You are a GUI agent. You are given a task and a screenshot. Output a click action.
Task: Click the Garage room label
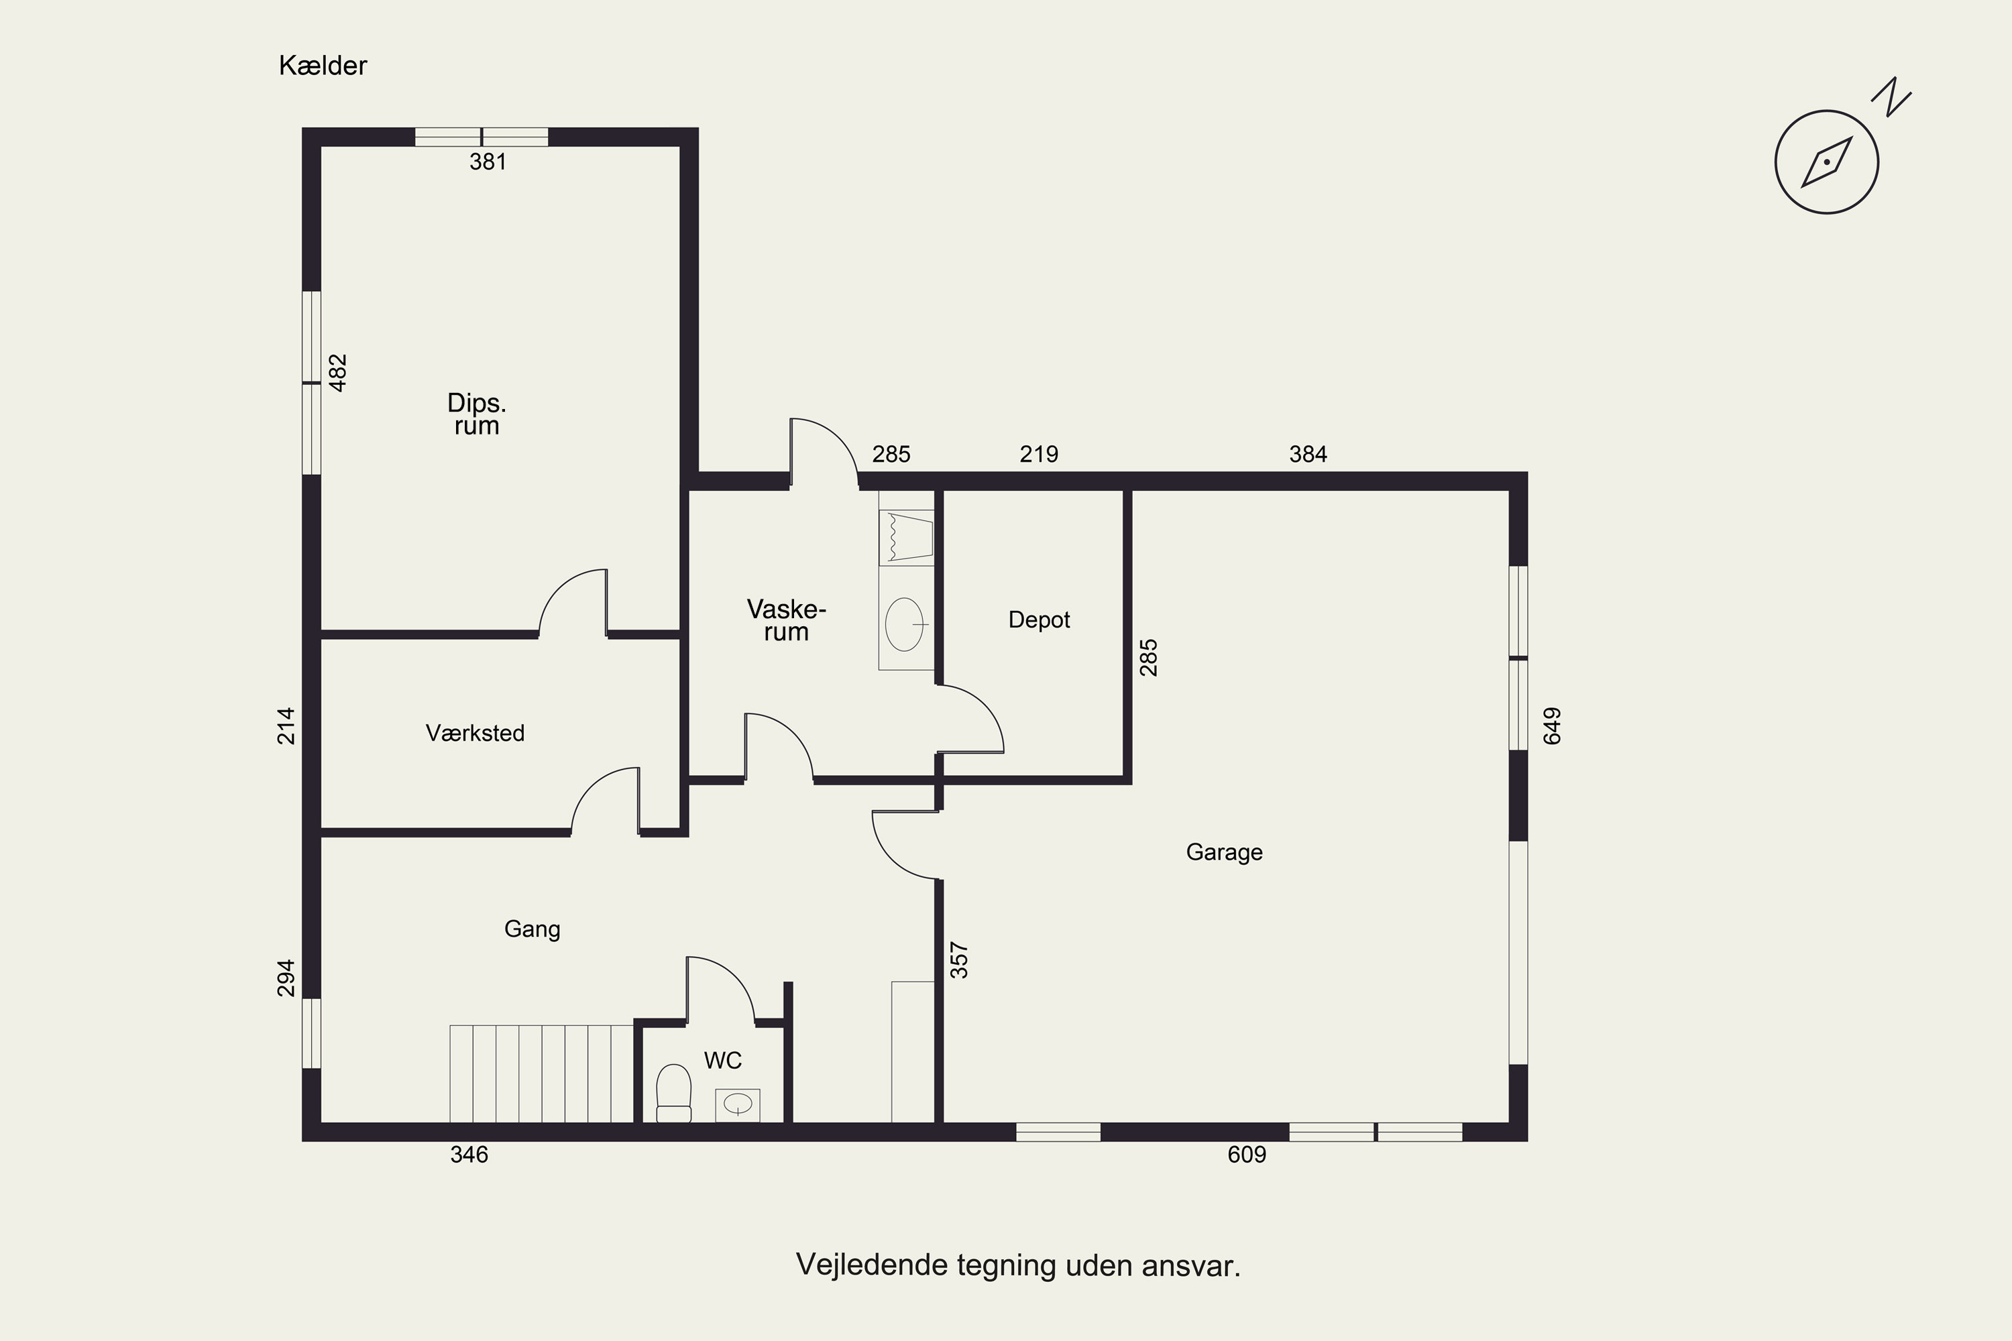1224,853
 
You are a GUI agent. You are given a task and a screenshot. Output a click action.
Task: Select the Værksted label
475,733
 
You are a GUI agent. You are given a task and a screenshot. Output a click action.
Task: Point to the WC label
723,1061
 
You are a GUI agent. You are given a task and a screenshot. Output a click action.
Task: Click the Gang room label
532,929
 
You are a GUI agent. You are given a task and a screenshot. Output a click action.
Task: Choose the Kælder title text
323,66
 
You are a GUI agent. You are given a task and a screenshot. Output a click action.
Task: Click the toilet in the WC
673,1093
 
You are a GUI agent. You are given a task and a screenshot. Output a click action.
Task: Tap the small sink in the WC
737,1105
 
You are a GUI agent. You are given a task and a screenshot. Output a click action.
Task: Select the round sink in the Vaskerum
905,624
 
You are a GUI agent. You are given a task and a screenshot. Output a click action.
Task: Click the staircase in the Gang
541,1073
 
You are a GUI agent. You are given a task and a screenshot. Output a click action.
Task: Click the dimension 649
1552,726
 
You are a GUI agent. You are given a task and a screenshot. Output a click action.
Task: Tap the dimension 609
1246,1155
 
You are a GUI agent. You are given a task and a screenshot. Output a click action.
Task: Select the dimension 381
488,162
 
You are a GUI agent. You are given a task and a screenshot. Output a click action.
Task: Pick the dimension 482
339,373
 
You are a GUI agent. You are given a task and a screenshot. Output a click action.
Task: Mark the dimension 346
469,1155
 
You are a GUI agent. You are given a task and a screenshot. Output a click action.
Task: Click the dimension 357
960,960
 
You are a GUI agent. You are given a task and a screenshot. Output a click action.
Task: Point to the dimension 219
1038,454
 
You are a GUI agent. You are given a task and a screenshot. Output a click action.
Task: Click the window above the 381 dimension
482,137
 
